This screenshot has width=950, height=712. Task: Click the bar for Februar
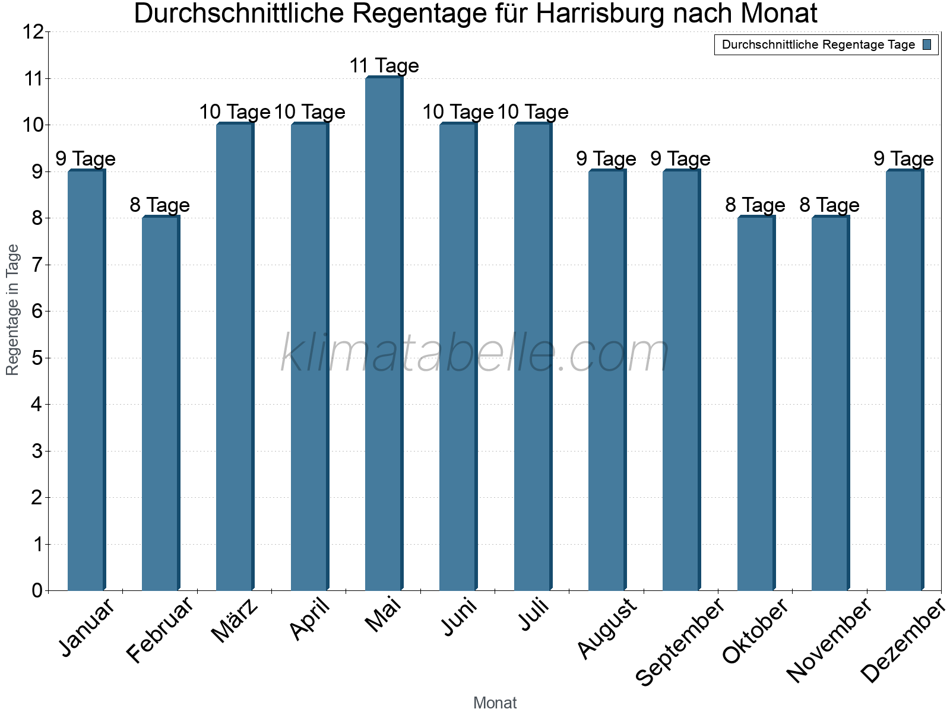[160, 403]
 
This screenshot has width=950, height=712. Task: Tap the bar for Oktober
[756, 403]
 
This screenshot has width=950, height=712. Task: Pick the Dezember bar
[904, 380]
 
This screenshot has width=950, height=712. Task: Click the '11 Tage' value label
[384, 66]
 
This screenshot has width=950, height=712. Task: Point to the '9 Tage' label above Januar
[85, 159]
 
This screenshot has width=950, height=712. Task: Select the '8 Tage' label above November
[829, 205]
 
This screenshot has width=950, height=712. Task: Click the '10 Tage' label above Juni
[458, 112]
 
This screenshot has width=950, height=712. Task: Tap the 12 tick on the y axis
[34, 32]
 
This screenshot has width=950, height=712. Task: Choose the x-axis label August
[607, 628]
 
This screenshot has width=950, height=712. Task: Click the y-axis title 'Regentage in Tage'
[12, 310]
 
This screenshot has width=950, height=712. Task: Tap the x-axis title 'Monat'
[495, 703]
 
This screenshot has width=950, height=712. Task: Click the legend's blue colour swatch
[927, 44]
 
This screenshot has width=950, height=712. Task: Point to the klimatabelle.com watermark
[475, 354]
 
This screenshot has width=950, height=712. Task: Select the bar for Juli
[533, 356]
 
